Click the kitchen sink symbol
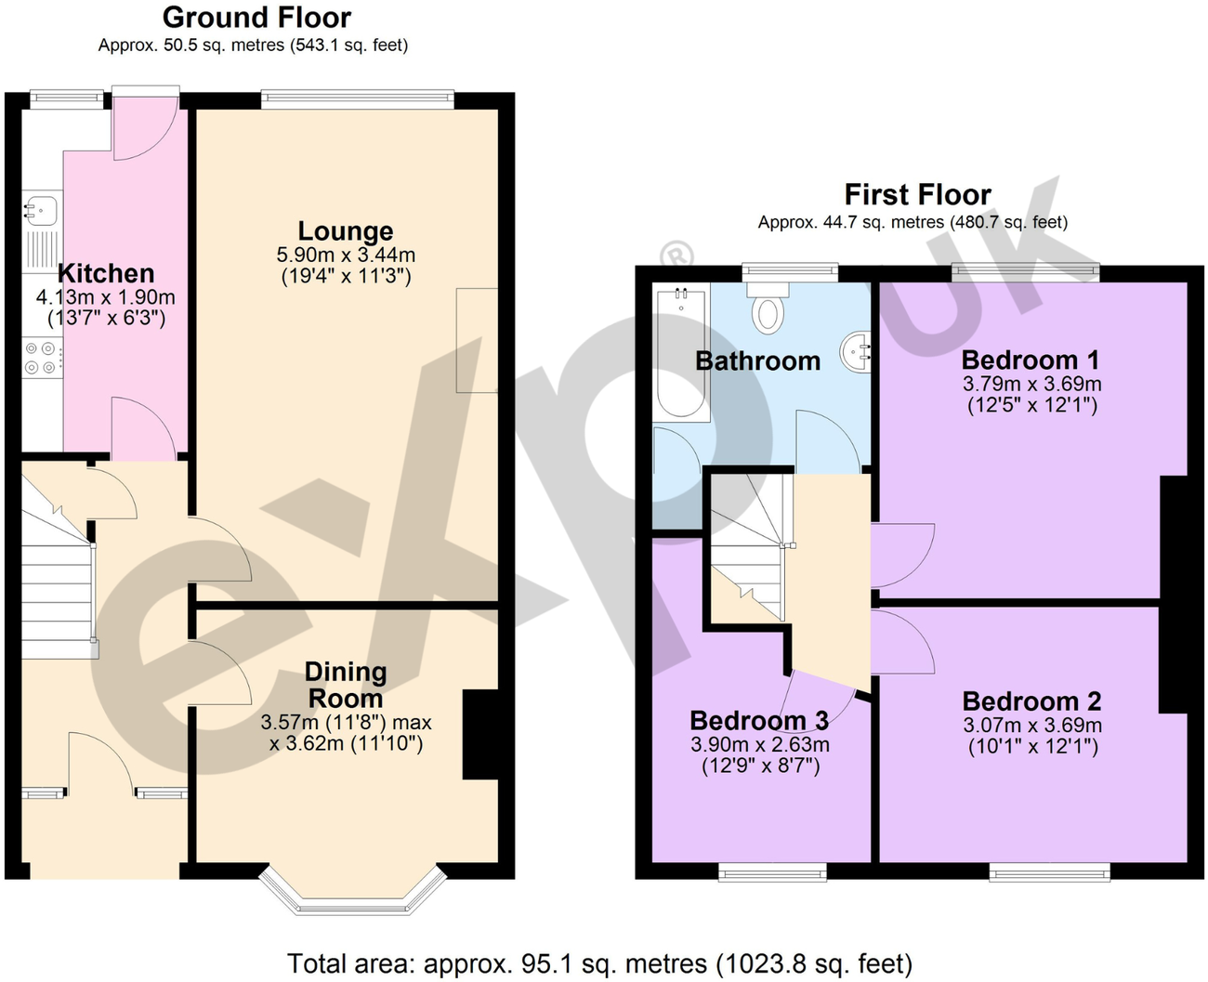pos(40,210)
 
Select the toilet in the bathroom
pos(768,309)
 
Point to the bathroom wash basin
pos(857,352)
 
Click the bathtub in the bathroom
pos(681,353)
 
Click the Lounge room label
pos(345,231)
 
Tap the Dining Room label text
pos(345,685)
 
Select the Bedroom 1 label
pos(1031,360)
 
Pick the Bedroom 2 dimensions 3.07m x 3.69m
pos(1032,726)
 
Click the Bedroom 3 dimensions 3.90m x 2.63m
pos(759,744)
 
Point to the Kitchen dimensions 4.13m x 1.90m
pos(105,297)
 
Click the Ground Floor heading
pos(256,17)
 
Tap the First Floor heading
pos(916,194)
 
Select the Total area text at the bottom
pos(599,963)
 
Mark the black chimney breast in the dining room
pos(479,734)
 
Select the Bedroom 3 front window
pos(772,871)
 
